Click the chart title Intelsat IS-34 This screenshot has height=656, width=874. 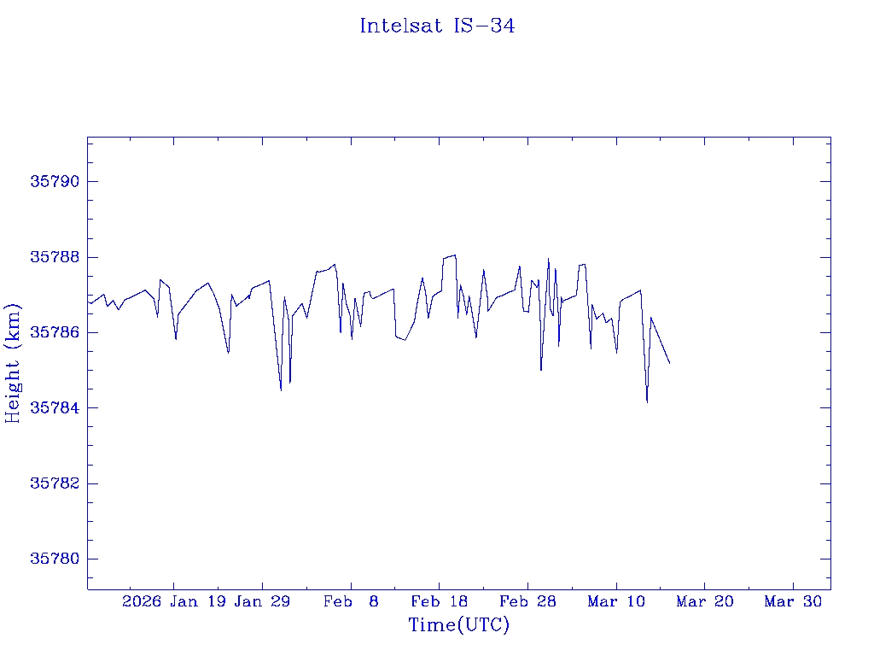click(437, 26)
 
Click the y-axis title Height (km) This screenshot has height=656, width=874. click(13, 363)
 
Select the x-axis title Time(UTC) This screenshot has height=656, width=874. click(459, 625)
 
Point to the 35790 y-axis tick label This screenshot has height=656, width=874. click(55, 182)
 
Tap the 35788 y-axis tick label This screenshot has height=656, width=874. click(55, 257)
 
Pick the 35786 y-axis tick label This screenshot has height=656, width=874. click(55, 332)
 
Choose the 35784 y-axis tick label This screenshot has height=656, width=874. click(55, 408)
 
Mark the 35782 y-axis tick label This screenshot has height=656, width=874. click(55, 483)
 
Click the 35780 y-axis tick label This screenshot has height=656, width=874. click(55, 559)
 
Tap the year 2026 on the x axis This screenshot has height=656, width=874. click(142, 602)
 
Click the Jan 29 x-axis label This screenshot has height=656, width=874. click(262, 602)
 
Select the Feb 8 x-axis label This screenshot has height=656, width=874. click(351, 602)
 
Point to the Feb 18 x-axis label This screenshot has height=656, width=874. click(439, 602)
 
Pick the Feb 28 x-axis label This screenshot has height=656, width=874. click(527, 602)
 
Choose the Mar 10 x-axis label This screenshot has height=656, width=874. click(616, 602)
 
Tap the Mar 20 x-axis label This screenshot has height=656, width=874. click(704, 602)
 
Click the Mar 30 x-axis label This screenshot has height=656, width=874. click(793, 602)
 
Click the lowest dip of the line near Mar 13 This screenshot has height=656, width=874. click(647, 401)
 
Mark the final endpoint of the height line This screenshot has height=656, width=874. click(670, 364)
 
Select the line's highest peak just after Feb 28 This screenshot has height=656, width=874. click(548, 259)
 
